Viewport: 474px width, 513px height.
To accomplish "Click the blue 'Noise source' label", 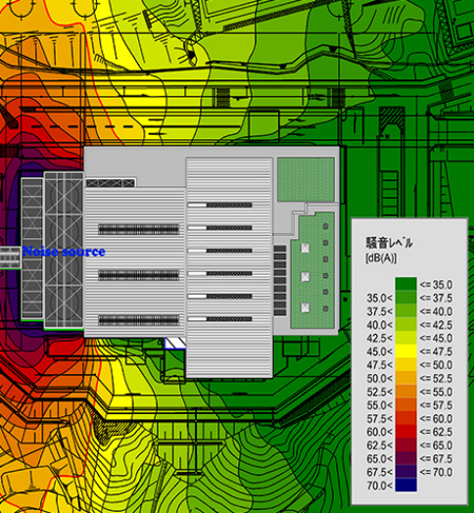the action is point(64,252).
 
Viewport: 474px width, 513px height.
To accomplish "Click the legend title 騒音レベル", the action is point(389,243).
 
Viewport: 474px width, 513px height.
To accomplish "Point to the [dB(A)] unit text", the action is point(381,258).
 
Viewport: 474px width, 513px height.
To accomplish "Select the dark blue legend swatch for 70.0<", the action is point(405,486).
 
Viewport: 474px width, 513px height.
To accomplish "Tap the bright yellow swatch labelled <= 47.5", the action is point(405,351).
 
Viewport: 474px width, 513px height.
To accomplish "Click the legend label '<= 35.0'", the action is point(436,285).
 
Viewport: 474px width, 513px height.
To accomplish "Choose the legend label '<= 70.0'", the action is point(436,472).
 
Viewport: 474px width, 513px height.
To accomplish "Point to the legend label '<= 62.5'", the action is point(436,432).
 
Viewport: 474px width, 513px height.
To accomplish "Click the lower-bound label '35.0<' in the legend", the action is point(379,298).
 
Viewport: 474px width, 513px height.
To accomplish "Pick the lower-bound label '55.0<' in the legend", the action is point(379,405).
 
